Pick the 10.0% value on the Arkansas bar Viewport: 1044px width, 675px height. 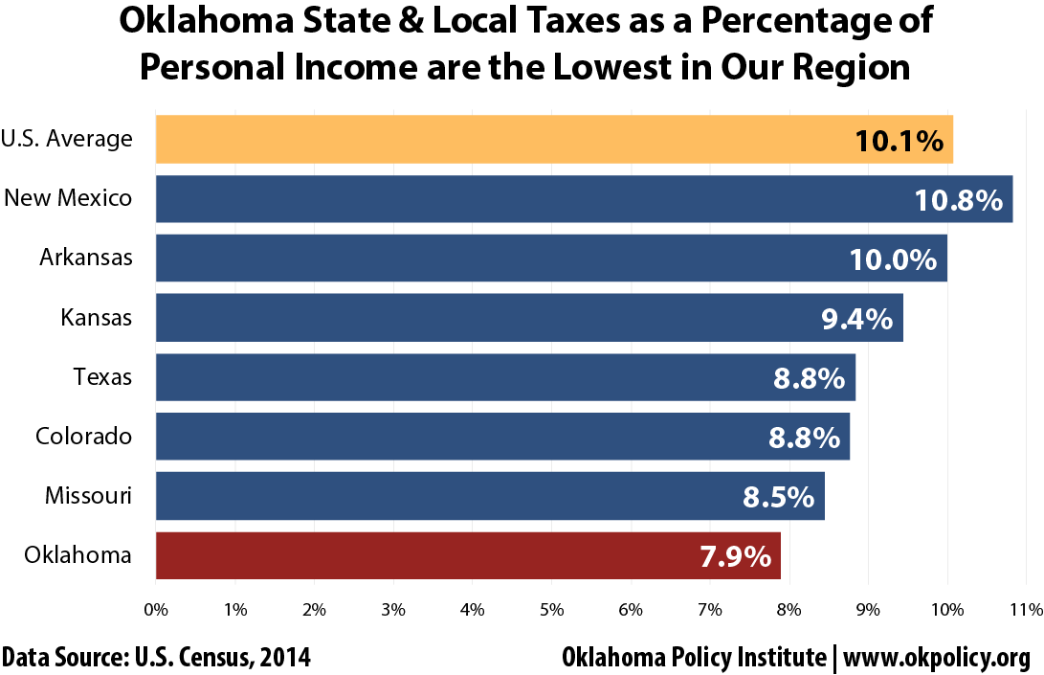(x=892, y=259)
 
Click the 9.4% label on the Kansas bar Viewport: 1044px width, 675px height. (x=856, y=319)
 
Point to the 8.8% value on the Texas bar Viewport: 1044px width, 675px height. (x=809, y=378)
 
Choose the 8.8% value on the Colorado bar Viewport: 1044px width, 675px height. (x=804, y=438)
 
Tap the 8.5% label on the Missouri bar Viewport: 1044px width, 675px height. (x=778, y=497)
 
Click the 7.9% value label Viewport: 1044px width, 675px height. (x=735, y=556)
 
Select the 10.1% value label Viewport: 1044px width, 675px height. (x=900, y=141)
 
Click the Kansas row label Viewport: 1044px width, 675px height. (x=96, y=317)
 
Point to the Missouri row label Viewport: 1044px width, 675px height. (x=88, y=495)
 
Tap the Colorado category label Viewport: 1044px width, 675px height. (x=83, y=436)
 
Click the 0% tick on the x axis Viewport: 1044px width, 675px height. (x=155, y=609)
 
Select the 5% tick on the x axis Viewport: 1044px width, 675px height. (x=551, y=609)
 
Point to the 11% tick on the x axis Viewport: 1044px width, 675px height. (x=1025, y=609)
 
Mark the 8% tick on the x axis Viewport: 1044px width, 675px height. (x=789, y=609)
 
